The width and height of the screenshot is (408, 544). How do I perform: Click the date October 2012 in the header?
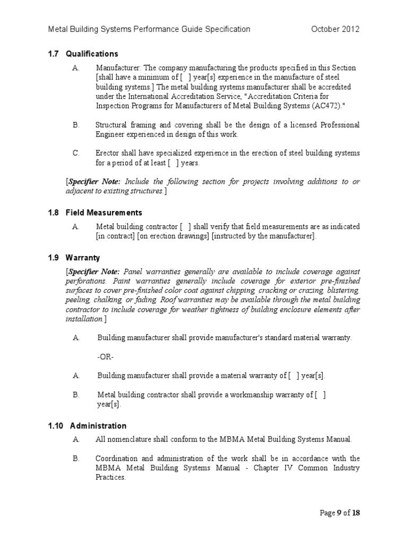pos(335,29)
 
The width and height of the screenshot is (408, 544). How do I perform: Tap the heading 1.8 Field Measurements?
pos(96,212)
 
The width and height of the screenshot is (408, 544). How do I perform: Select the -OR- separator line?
pos(106,356)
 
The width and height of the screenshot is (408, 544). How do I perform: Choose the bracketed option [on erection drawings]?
pos(173,236)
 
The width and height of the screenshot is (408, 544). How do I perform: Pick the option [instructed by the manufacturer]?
pos(264,236)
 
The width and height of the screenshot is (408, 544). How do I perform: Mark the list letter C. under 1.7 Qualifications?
pos(75,153)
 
